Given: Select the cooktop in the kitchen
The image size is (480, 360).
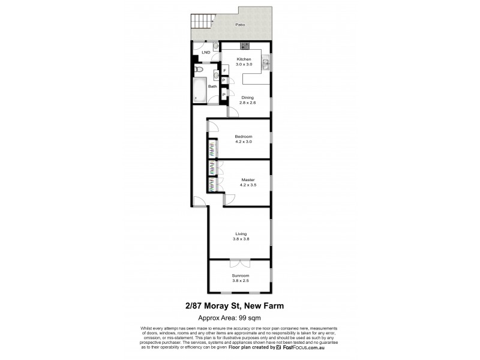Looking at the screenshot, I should [245, 46].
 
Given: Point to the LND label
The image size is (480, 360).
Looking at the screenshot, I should [206, 52].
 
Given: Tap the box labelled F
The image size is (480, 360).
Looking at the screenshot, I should [223, 70].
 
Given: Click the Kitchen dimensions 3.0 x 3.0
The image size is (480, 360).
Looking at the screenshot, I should [244, 64].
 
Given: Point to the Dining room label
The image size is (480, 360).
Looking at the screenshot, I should [247, 97].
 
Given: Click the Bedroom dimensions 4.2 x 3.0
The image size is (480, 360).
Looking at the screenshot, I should [244, 142].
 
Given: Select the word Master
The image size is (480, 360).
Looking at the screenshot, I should [248, 179].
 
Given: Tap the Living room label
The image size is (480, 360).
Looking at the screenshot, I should [241, 234].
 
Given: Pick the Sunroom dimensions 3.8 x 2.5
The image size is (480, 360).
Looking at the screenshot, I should [240, 280].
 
